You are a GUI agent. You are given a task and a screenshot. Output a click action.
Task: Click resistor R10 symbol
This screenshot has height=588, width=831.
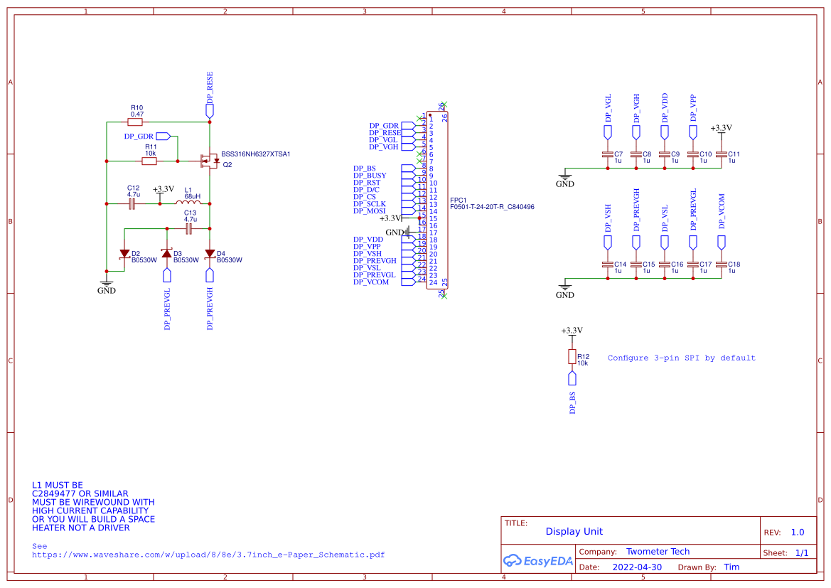pos(135,122)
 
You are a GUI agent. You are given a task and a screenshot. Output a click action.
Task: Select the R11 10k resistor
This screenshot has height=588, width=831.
pos(149,161)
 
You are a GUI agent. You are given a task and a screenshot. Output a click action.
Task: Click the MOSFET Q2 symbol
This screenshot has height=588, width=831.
pos(209,161)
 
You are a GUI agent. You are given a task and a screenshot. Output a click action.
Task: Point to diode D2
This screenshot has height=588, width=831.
pos(124,254)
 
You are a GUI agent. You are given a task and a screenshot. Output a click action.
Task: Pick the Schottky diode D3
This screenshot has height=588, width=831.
pos(167,254)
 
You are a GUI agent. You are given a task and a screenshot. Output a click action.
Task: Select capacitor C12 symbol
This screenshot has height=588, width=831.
pos(132,204)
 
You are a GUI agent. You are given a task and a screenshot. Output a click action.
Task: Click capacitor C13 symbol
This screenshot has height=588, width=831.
pos(189,229)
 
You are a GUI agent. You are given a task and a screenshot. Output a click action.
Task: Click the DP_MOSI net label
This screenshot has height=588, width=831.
pos(370,211)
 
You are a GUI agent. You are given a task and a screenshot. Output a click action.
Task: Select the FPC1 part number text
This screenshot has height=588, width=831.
pos(492,207)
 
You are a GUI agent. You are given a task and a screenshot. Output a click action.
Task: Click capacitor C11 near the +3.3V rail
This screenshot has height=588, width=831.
pos(722,154)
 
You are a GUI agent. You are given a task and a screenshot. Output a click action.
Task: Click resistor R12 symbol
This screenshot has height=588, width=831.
pos(572,357)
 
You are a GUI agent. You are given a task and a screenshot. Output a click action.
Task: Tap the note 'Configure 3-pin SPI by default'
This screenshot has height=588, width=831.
pos(681,358)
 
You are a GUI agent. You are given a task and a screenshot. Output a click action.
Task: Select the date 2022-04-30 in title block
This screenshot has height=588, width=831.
pos(636,567)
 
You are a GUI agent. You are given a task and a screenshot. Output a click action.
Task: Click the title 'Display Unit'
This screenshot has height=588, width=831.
pos(574,531)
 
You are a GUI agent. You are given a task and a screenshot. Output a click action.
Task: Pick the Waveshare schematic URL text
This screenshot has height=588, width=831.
pos(208,555)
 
